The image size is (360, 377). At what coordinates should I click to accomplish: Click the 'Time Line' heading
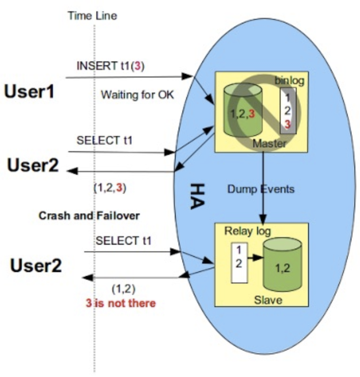[92, 16]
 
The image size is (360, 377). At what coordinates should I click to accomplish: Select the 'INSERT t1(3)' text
[111, 66]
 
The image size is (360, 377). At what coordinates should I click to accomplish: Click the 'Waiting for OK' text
[137, 94]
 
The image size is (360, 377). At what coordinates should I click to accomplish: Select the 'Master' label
[269, 143]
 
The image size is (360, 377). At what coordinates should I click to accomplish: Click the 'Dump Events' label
[261, 189]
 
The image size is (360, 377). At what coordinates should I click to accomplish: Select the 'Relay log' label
[248, 231]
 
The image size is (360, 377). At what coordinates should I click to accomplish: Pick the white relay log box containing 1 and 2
[239, 263]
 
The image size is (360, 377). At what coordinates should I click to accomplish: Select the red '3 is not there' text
[120, 303]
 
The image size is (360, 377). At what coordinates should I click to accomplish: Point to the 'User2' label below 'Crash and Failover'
[36, 266]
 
